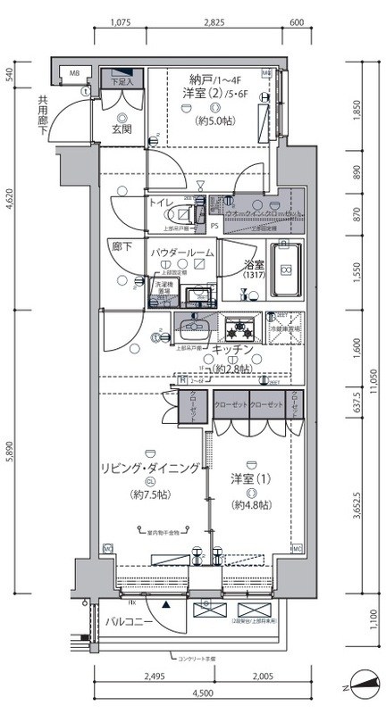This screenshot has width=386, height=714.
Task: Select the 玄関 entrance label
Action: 122,129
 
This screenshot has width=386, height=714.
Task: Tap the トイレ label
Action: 163,203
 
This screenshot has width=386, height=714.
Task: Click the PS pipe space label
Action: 214,226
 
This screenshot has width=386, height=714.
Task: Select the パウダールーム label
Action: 181,253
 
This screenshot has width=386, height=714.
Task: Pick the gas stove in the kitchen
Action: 238,329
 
